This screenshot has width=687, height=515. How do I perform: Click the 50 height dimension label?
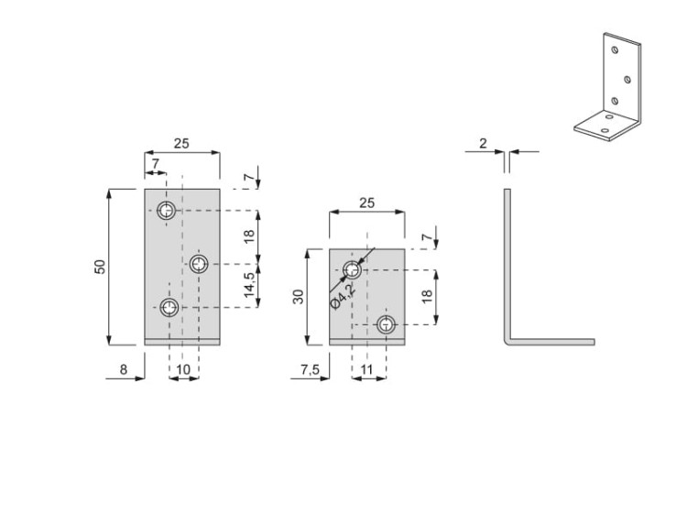(x=101, y=266)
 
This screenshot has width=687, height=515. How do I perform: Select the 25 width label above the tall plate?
(x=181, y=143)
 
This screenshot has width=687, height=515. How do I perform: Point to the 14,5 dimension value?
(x=249, y=286)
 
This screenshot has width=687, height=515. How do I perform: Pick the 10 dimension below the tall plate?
(x=183, y=369)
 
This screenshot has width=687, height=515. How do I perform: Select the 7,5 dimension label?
(x=310, y=369)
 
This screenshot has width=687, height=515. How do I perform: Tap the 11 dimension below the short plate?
(x=366, y=369)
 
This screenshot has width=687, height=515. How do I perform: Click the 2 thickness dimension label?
(x=483, y=143)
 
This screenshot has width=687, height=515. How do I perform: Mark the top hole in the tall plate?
(x=167, y=212)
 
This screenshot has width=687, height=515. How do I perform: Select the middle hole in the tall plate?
(x=200, y=264)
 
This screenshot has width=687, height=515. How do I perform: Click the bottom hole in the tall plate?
(x=168, y=308)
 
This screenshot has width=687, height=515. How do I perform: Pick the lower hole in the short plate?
(x=387, y=324)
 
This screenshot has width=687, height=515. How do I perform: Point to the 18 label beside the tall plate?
(x=249, y=236)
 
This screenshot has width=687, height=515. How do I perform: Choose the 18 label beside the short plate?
(x=425, y=296)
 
